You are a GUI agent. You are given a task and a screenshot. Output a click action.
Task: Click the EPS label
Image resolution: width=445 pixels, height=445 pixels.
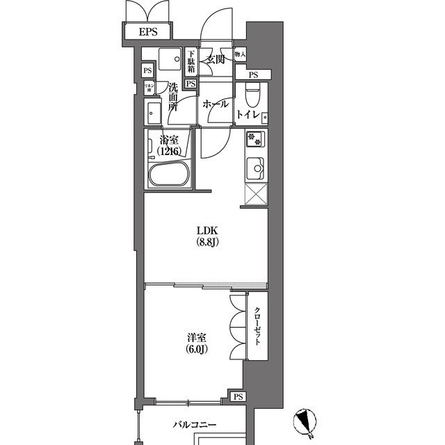click(147, 32)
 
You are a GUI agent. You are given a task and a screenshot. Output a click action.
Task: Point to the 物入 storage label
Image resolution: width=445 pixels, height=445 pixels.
click(240, 54)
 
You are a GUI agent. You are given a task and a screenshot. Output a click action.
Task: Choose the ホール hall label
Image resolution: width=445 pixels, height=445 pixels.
click(215, 104)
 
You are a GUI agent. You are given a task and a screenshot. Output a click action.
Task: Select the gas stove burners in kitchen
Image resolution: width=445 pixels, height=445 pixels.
click(254, 139)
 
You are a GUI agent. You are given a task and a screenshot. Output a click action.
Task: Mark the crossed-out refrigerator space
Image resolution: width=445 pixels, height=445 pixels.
click(254, 195)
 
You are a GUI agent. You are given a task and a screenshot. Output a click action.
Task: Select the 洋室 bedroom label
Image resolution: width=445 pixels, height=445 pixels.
click(196, 337)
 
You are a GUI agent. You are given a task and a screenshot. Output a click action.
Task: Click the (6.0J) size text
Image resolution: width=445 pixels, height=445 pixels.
click(196, 348)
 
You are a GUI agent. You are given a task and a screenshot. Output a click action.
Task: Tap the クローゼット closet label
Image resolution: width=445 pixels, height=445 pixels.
click(257, 327)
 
